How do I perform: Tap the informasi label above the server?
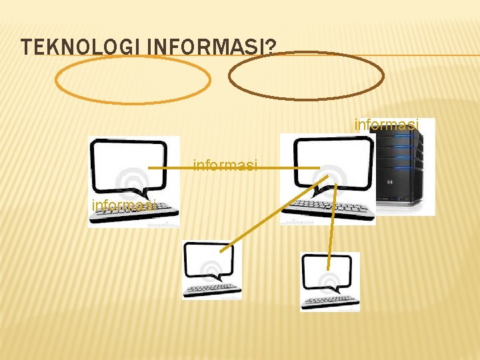pyautogui.click(x=387, y=125)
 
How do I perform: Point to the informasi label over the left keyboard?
pyautogui.click(x=124, y=205)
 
